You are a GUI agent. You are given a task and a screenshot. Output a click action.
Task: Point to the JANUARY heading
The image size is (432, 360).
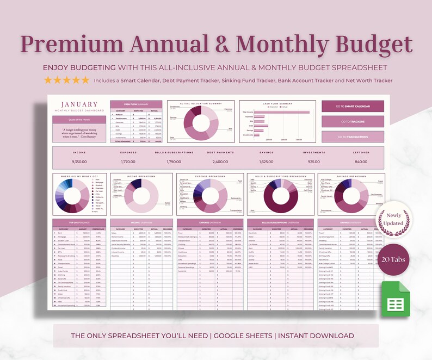79,104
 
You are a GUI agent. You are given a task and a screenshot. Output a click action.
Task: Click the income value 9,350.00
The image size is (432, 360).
79,162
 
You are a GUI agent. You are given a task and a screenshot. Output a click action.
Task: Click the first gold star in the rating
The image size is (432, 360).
48,80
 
